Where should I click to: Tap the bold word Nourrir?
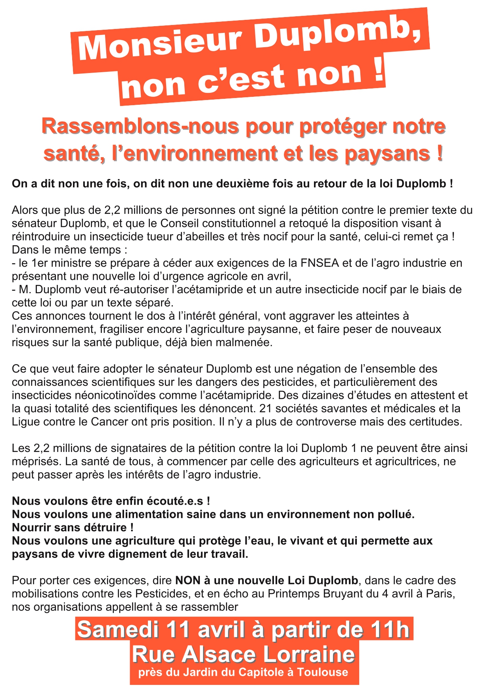[34, 527]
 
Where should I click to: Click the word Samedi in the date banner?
[118, 629]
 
